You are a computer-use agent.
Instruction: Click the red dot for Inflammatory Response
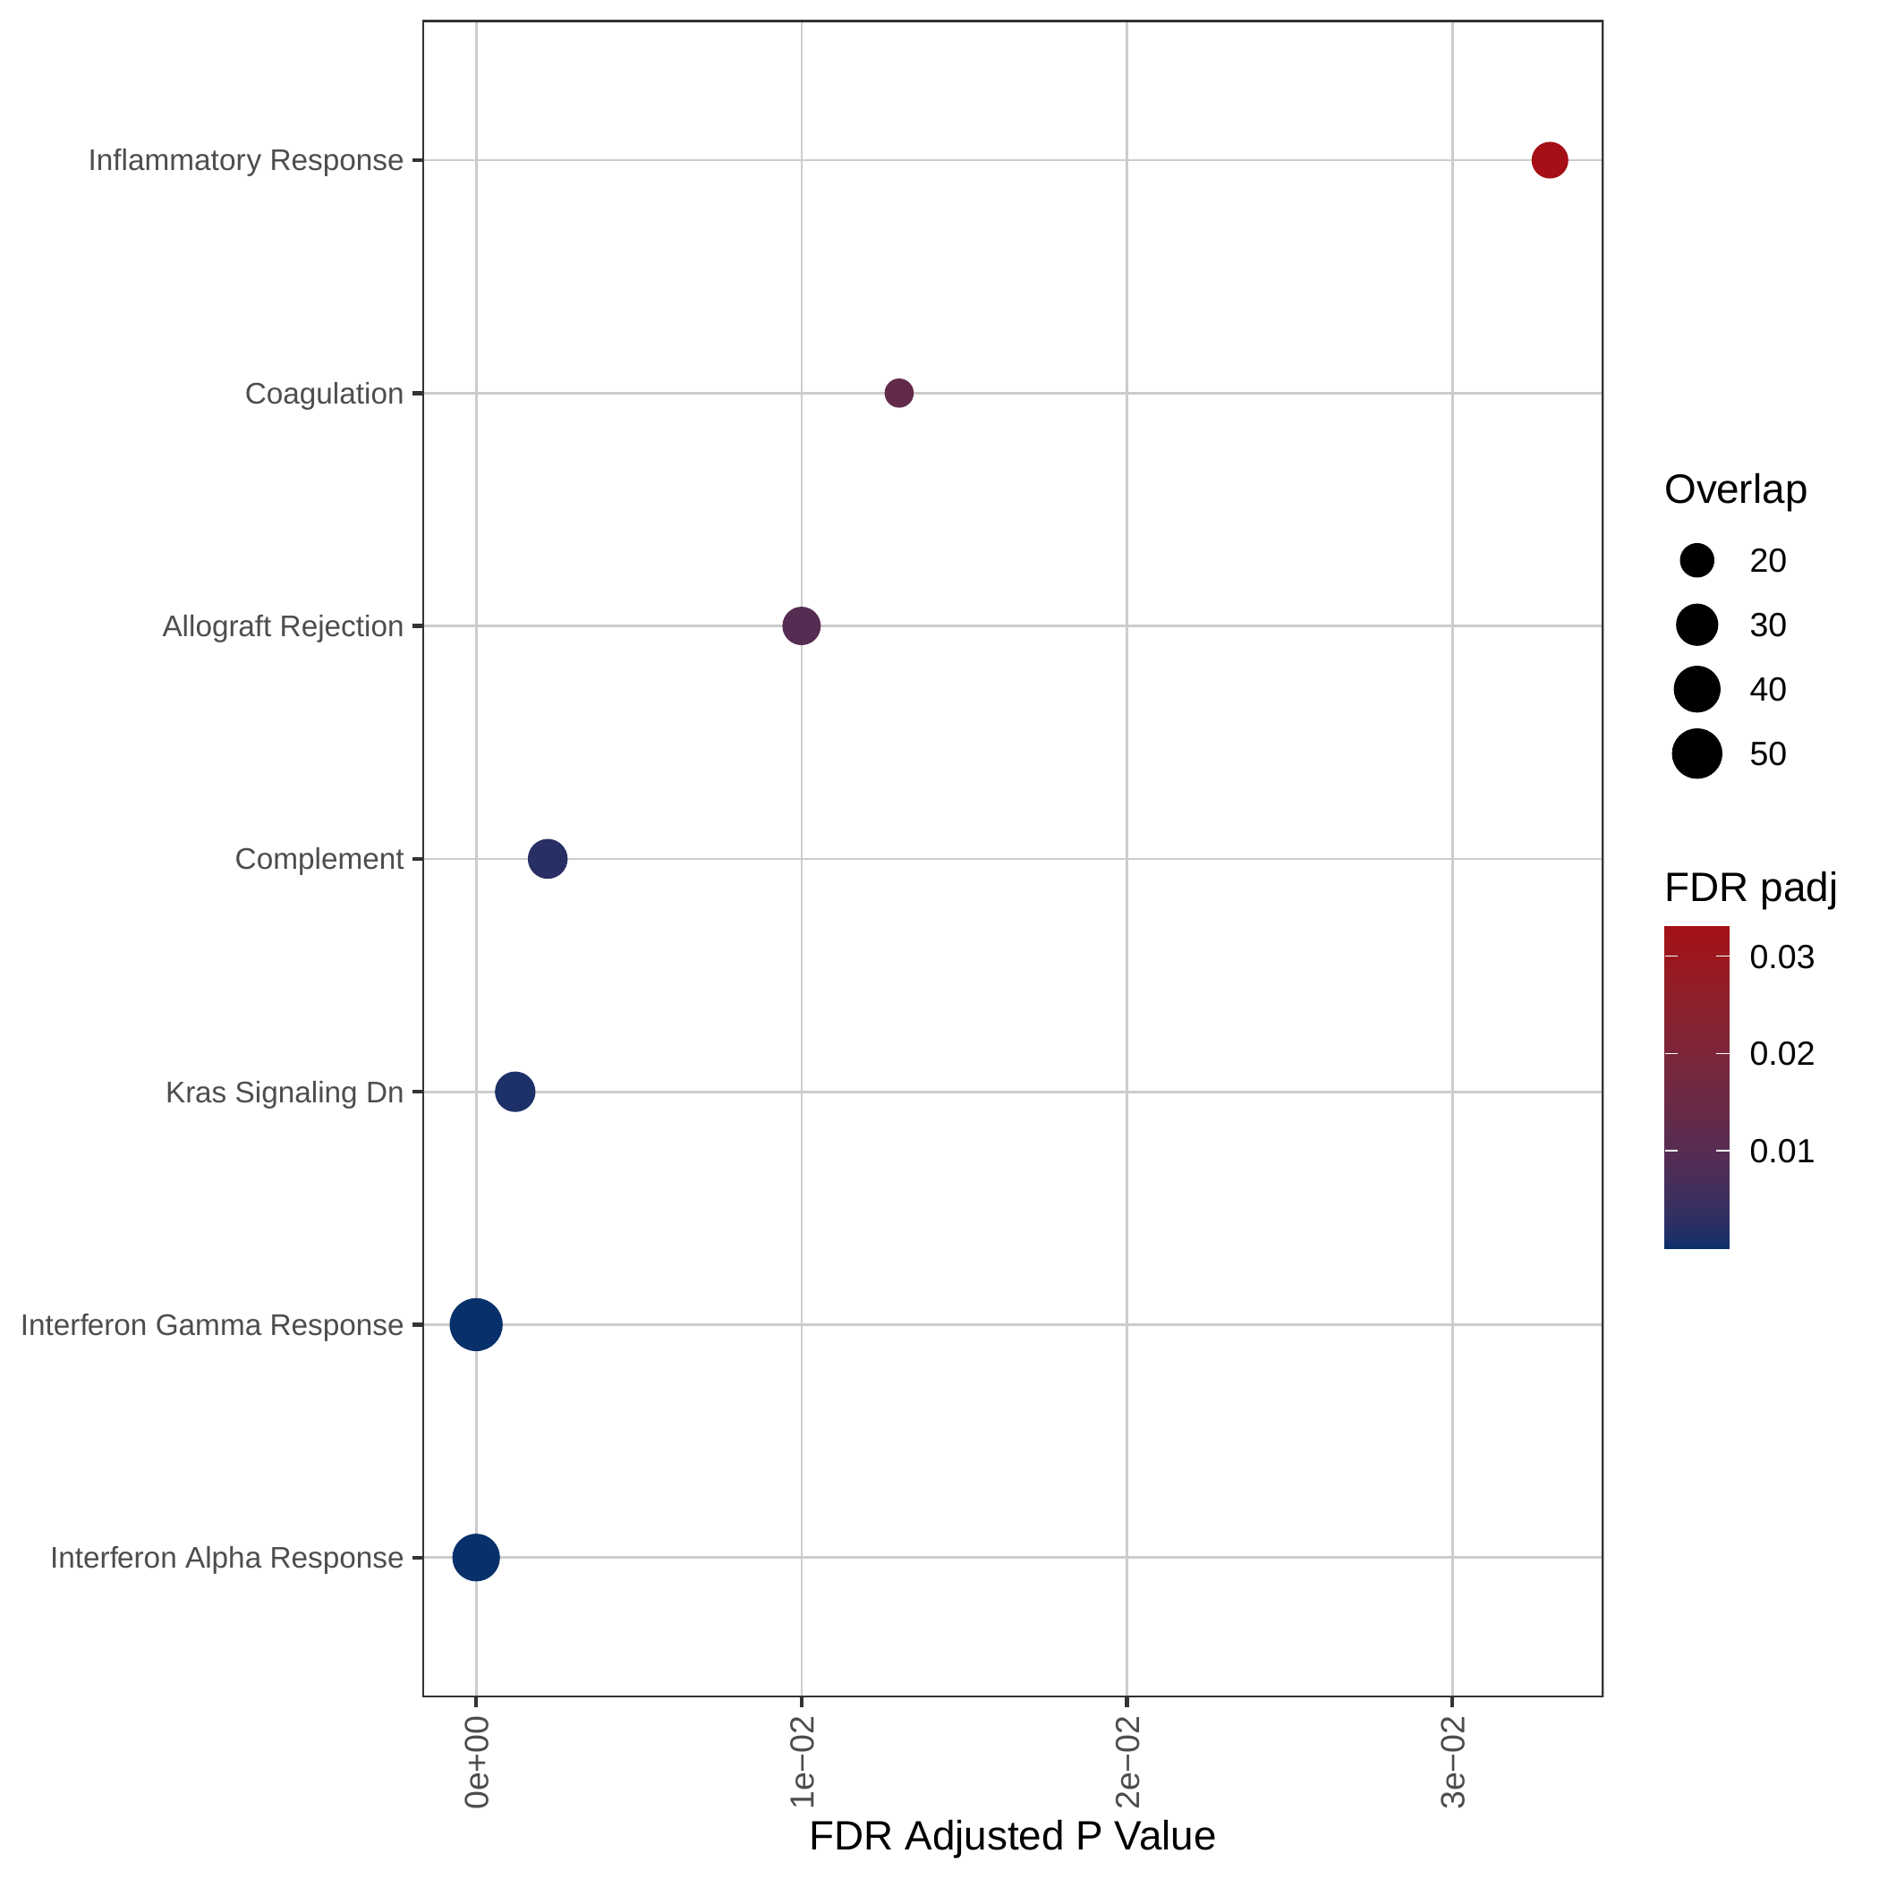pos(1550,159)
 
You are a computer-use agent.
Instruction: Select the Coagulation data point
pos(898,393)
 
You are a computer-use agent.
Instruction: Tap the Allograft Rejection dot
pos(802,625)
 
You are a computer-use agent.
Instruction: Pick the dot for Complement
pos(548,859)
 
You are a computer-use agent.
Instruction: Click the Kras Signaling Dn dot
pos(514,1092)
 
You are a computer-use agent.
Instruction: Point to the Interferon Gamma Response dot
pos(476,1323)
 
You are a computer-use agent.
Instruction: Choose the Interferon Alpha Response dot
pos(476,1557)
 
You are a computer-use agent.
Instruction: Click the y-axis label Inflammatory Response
pos(246,159)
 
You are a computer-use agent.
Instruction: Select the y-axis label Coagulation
pos(324,393)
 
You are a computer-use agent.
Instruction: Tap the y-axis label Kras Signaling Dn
pos(284,1093)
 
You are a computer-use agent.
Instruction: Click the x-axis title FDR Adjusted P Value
pos(1013,1835)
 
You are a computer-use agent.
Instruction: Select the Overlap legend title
pos(1735,489)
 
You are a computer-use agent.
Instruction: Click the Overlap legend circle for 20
pos(1697,560)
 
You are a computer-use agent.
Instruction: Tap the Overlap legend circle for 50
pos(1697,753)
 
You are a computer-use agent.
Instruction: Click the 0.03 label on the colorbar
pos(1781,957)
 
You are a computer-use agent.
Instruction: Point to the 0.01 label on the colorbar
pos(1781,1151)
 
